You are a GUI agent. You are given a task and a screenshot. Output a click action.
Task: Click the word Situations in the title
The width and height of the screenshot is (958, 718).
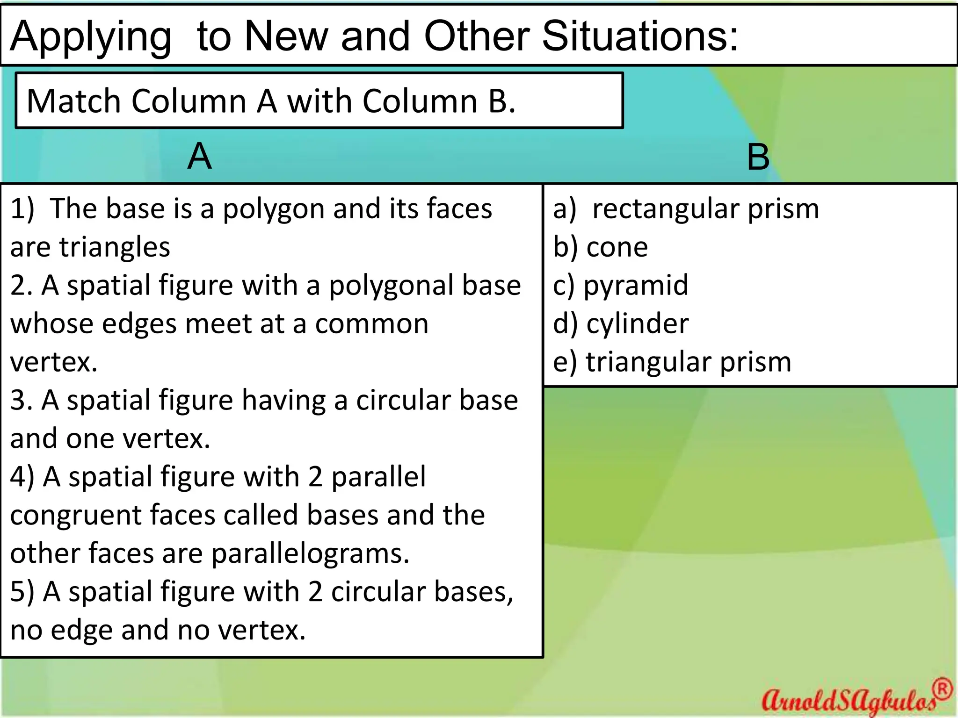pyautogui.click(x=640, y=36)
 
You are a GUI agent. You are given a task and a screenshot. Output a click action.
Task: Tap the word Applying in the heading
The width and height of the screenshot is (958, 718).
pyautogui.click(x=91, y=37)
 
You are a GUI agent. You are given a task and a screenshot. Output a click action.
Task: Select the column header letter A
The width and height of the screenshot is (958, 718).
pyautogui.click(x=199, y=156)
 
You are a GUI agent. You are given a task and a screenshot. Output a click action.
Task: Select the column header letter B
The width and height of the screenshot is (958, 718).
pyautogui.click(x=758, y=157)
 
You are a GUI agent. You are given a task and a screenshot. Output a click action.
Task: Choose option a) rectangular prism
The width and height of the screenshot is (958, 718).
pyautogui.click(x=686, y=208)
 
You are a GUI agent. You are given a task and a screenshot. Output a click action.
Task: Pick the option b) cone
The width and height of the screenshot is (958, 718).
pyautogui.click(x=601, y=247)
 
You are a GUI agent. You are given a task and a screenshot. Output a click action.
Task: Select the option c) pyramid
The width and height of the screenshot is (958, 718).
pyautogui.click(x=621, y=285)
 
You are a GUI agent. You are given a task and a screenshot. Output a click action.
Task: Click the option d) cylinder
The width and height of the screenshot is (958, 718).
pyautogui.click(x=621, y=323)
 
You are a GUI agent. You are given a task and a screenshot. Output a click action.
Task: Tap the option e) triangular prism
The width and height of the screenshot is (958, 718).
pyautogui.click(x=672, y=362)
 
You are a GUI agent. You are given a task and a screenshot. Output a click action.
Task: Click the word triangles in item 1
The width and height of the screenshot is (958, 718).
pyautogui.click(x=114, y=247)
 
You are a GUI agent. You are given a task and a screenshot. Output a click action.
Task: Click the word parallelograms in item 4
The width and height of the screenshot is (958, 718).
pyautogui.click(x=311, y=553)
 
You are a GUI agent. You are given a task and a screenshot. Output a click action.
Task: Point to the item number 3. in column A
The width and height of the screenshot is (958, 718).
pyautogui.click(x=22, y=400)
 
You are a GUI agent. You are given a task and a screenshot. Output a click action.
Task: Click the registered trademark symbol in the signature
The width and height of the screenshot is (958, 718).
pyautogui.click(x=943, y=689)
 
